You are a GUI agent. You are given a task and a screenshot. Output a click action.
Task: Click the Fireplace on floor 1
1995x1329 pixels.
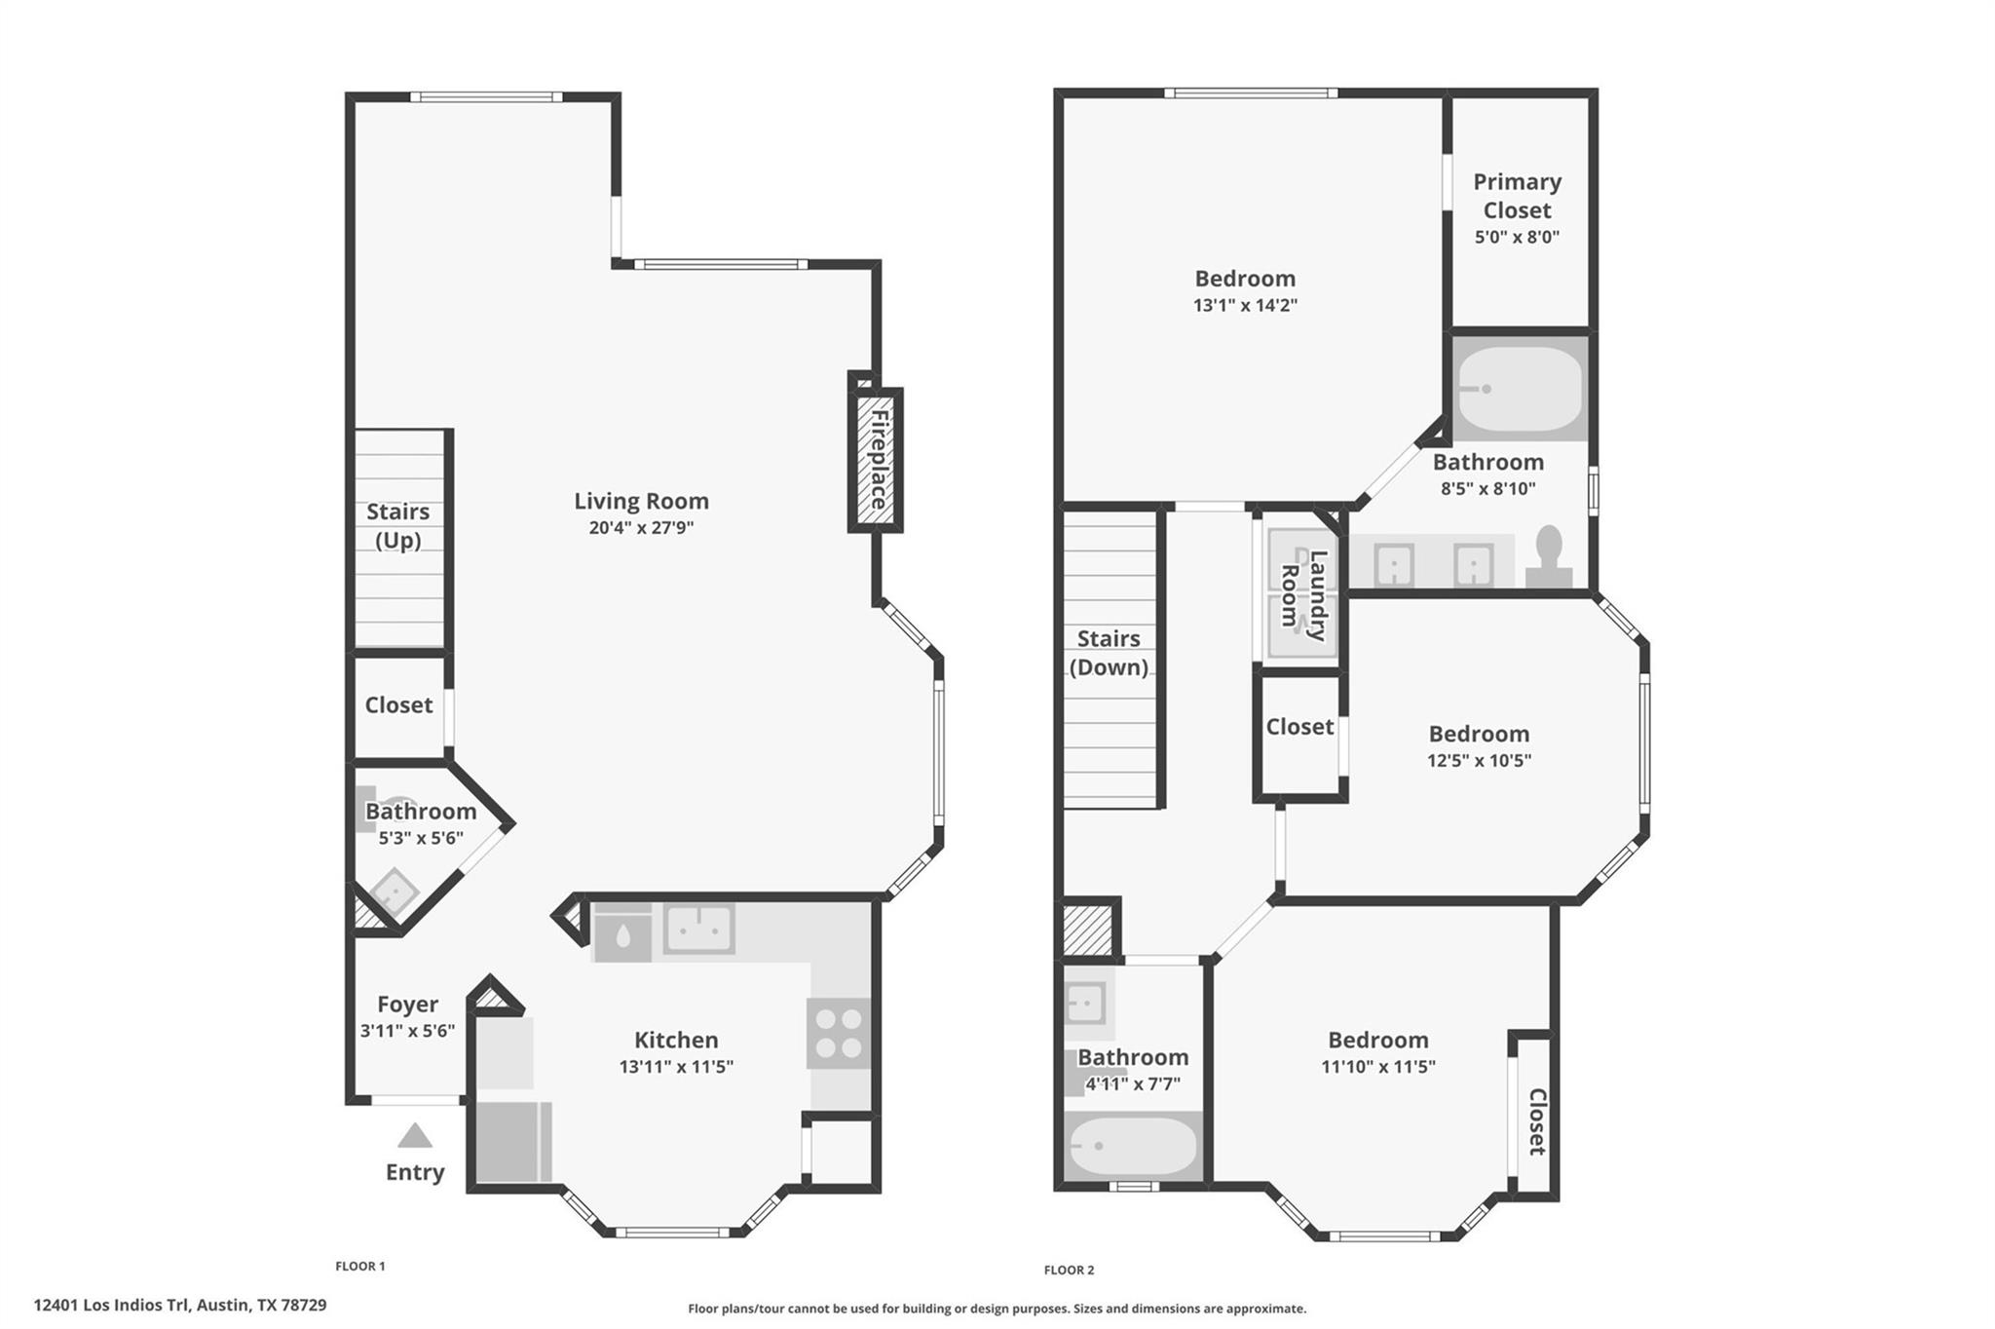coord(876,460)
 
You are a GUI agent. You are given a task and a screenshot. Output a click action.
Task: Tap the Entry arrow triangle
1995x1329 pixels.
coord(415,1136)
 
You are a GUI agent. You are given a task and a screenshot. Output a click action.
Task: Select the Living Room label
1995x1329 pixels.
coord(641,501)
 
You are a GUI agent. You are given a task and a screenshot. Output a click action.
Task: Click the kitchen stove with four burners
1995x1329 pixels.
coord(839,1033)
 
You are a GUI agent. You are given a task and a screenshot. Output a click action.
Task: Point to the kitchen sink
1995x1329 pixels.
coord(698,929)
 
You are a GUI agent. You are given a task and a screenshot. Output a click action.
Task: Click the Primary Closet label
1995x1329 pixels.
coord(1517,196)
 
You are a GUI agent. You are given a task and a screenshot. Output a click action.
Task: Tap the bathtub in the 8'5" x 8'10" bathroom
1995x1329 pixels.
coord(1519,388)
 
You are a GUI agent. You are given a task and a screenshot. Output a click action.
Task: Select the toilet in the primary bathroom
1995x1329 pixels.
coord(1549,557)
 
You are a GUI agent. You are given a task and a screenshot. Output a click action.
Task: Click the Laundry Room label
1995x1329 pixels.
coord(1303,595)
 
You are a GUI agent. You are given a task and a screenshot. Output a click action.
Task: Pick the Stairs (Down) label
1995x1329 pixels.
coord(1109,653)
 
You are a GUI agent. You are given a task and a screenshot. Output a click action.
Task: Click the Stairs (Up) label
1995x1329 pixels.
coord(397,526)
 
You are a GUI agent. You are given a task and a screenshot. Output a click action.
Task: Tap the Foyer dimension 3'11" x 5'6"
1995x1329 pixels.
coord(407,1031)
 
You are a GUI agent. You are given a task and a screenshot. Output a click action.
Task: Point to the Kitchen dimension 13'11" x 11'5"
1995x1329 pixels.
coord(676,1067)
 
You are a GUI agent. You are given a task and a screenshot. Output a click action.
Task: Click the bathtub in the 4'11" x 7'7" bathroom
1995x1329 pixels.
coord(1132,1147)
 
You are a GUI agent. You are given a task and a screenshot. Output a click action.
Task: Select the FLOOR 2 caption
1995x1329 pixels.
coord(1069,1270)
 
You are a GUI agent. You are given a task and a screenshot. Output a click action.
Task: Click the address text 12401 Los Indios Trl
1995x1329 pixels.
coord(113,1305)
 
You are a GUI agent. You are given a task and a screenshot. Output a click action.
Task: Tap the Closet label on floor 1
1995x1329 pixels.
coord(398,704)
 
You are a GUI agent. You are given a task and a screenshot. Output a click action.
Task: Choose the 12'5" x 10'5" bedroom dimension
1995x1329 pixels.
coord(1479,760)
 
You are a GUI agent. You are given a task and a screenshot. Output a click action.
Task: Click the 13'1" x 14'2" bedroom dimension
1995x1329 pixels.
coord(1245,305)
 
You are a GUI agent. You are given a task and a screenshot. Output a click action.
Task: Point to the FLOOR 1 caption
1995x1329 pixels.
coord(360,1267)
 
